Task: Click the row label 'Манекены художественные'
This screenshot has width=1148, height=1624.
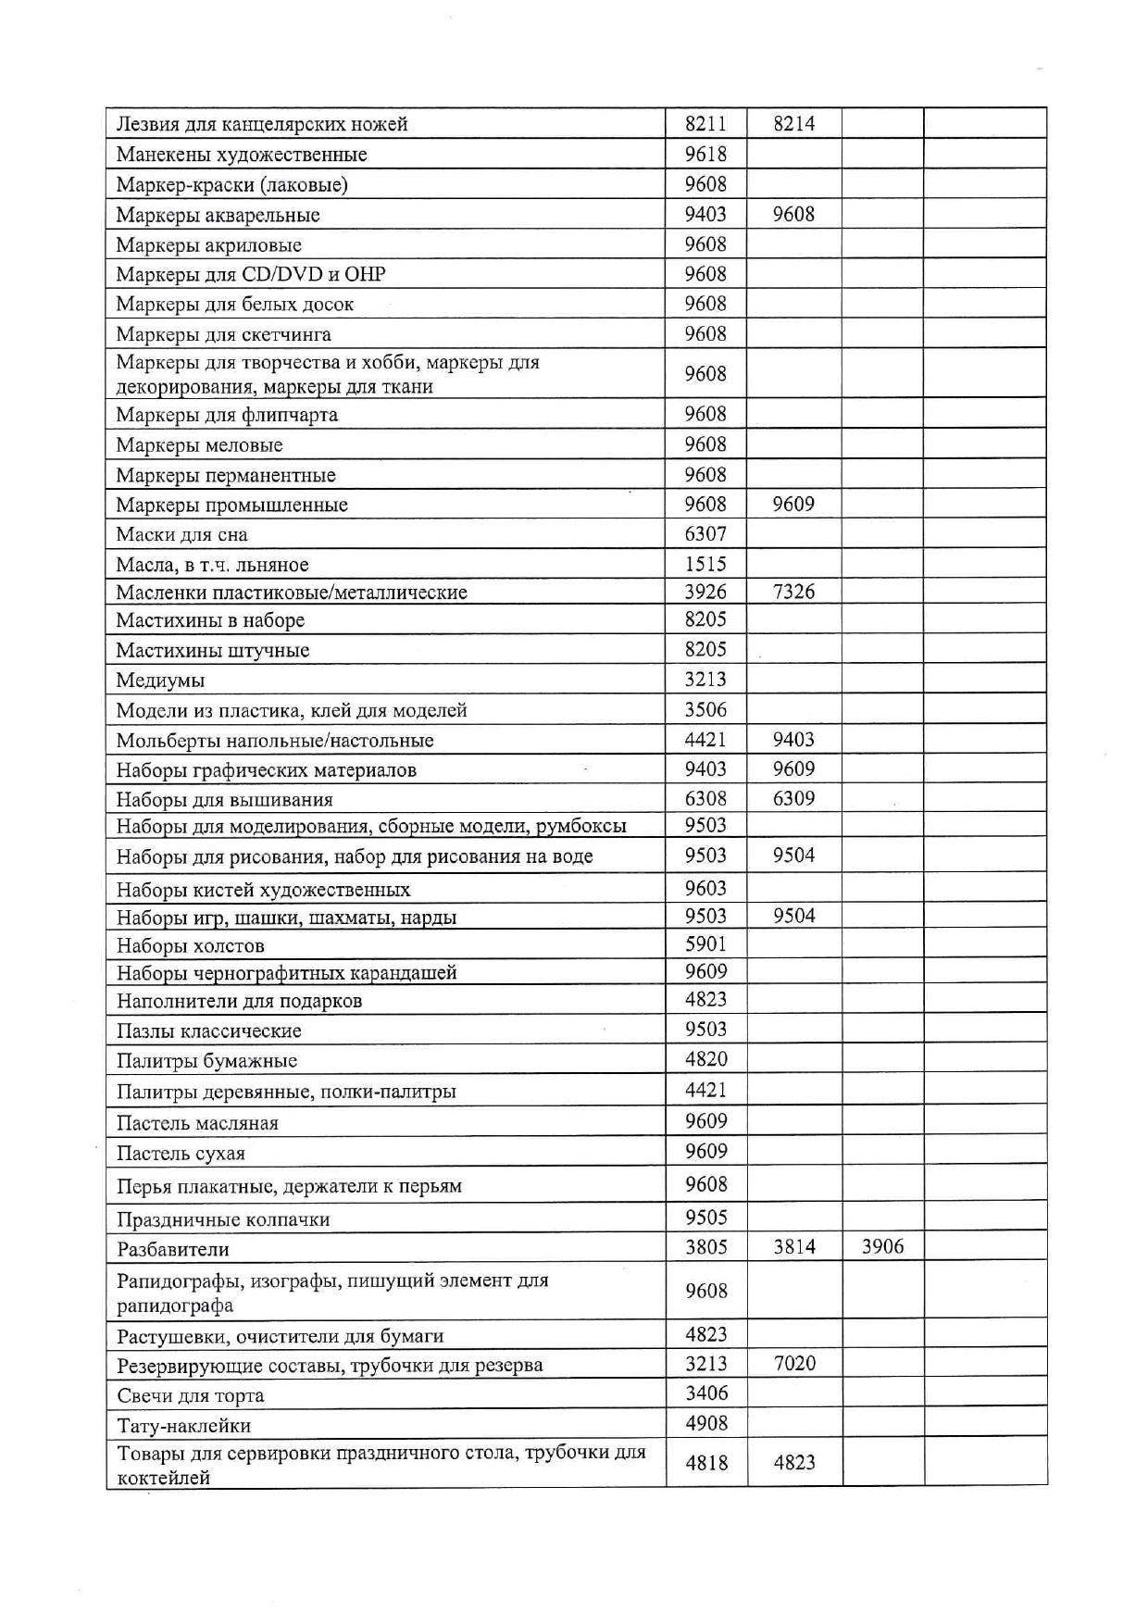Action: pyautogui.click(x=241, y=155)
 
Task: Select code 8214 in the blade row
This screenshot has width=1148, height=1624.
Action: pyautogui.click(x=793, y=124)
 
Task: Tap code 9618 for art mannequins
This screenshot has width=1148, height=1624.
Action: pyautogui.click(x=705, y=155)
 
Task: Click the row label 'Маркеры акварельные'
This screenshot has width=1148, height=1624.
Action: pyautogui.click(x=218, y=216)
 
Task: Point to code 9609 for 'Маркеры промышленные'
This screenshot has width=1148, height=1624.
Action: pyautogui.click(x=793, y=505)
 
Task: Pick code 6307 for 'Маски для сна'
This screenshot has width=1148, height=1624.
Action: pyautogui.click(x=705, y=534)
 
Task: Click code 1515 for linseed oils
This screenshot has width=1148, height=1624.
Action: pyautogui.click(x=705, y=564)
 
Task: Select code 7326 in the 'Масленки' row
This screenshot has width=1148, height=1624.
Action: pyautogui.click(x=793, y=593)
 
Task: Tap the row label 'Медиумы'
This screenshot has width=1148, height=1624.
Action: pyautogui.click(x=160, y=681)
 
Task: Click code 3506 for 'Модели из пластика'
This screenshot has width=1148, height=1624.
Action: pyautogui.click(x=705, y=710)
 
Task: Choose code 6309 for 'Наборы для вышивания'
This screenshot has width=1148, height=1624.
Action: pyautogui.click(x=793, y=799)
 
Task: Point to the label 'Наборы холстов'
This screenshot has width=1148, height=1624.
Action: pyautogui.click(x=190, y=946)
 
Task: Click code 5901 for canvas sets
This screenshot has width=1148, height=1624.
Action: pyautogui.click(x=705, y=944)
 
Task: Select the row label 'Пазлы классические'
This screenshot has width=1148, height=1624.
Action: pyautogui.click(x=208, y=1031)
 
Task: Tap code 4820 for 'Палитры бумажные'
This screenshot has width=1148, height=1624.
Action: pyautogui.click(x=705, y=1059)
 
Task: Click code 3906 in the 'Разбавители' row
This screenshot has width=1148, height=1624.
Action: pyautogui.click(x=882, y=1247)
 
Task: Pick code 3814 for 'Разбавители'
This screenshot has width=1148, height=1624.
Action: pyautogui.click(x=793, y=1247)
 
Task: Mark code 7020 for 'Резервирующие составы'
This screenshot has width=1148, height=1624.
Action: pyautogui.click(x=793, y=1364)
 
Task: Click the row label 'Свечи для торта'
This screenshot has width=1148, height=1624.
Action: pyautogui.click(x=190, y=1396)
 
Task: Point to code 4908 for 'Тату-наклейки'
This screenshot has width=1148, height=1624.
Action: pyautogui.click(x=705, y=1424)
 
